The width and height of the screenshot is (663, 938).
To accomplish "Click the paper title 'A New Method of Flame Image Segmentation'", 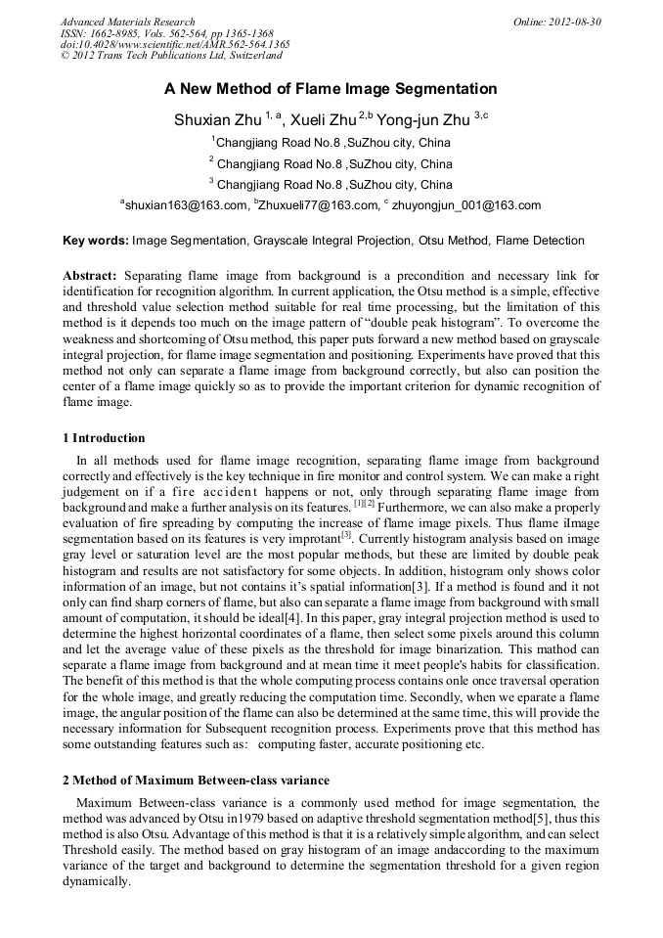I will coord(331,89).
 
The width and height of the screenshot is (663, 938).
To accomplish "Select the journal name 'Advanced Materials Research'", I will coord(127,22).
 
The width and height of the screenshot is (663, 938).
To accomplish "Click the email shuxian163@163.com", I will coord(186,205).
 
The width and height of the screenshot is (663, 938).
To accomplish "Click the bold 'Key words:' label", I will coord(95,241).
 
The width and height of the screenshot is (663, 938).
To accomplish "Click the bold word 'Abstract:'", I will coord(90,277).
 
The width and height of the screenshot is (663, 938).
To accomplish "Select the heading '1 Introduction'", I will coord(104,438).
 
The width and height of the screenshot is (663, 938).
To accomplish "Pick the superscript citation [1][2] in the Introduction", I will coord(358,503).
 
